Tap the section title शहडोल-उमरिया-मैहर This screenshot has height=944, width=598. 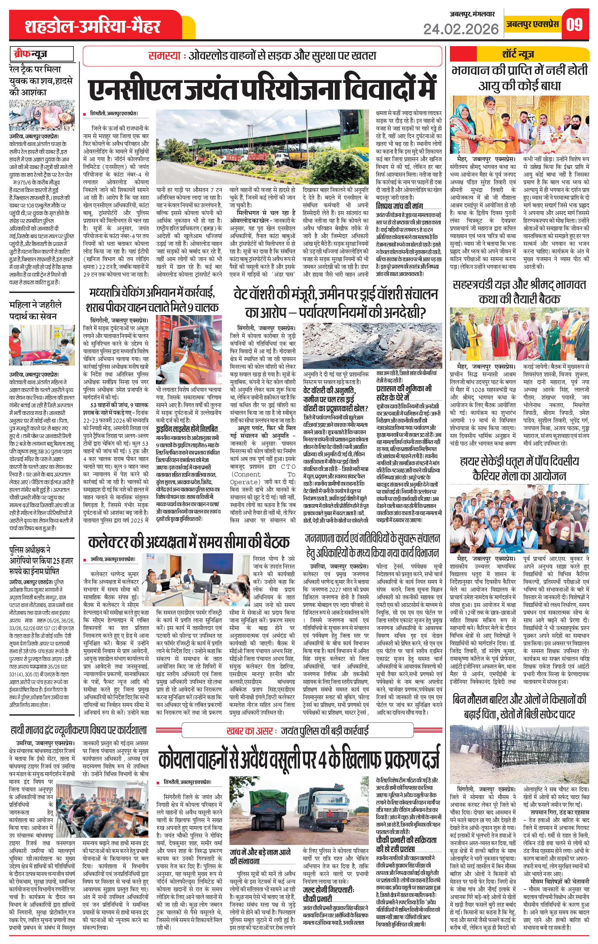click(x=92, y=27)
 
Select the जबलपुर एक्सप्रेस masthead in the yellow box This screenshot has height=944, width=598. click(x=532, y=24)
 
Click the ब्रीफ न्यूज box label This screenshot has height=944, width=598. click(x=31, y=54)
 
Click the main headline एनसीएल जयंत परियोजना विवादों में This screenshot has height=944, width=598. click(x=262, y=89)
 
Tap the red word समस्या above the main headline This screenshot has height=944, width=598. click(x=164, y=56)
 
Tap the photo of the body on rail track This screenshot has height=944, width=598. click(x=41, y=116)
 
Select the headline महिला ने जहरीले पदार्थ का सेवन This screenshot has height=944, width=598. click(x=35, y=310)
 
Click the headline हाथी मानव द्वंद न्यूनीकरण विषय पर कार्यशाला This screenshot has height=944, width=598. click(x=78, y=730)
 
